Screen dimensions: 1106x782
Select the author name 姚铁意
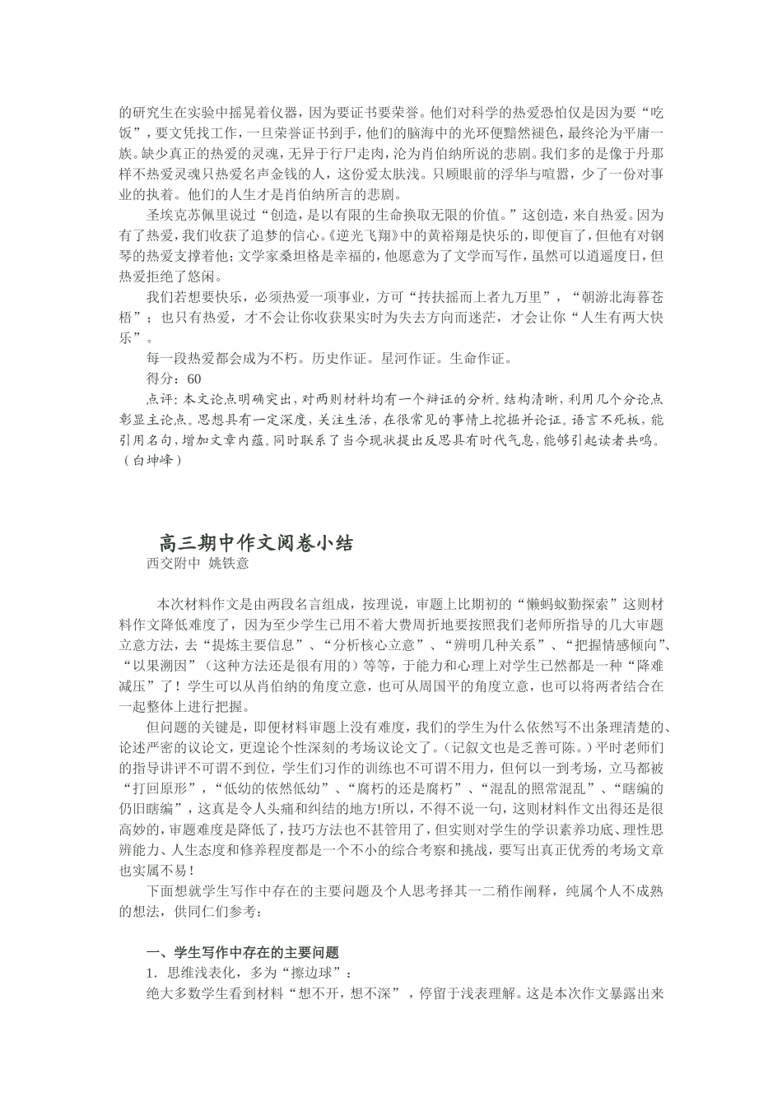pyautogui.click(x=228, y=564)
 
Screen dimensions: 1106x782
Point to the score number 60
pyautogui.click(x=193, y=379)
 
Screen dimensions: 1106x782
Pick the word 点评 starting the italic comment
pyautogui.click(x=159, y=399)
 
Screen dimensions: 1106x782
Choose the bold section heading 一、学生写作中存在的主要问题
pyautogui.click(x=243, y=953)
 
